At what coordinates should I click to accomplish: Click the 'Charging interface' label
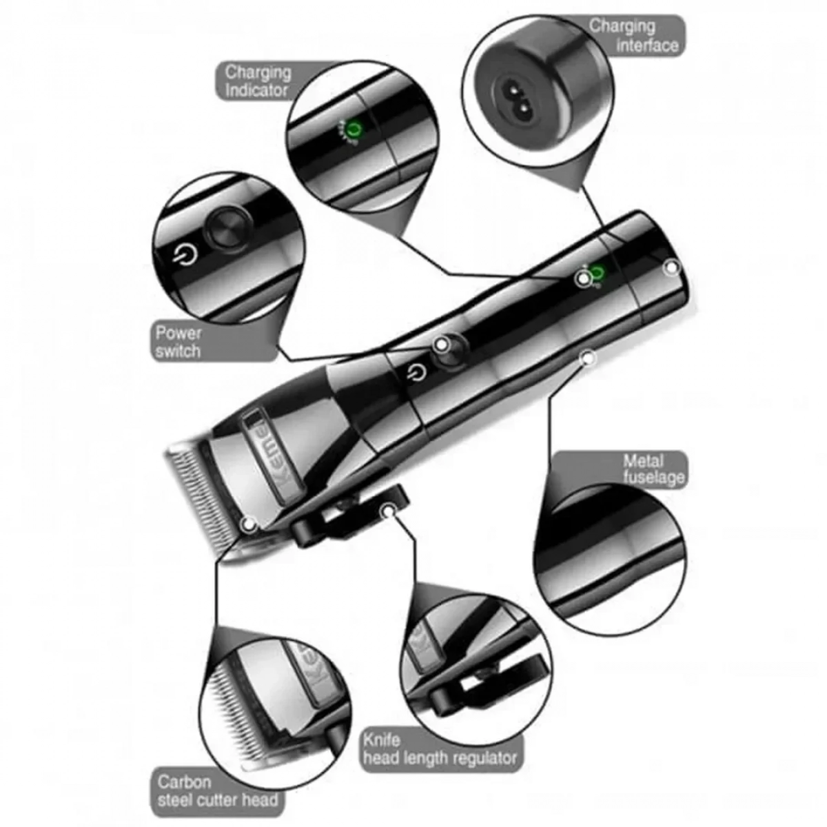(x=634, y=36)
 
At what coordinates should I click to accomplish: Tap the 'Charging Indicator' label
(x=258, y=81)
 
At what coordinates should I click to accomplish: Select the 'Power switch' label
(x=178, y=343)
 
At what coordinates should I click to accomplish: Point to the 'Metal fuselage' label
(x=653, y=469)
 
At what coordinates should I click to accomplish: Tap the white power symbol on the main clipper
(x=416, y=372)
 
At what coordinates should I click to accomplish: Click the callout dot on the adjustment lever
(x=389, y=511)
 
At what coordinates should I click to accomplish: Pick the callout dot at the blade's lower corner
(x=249, y=524)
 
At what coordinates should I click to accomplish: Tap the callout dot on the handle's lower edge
(x=588, y=357)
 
